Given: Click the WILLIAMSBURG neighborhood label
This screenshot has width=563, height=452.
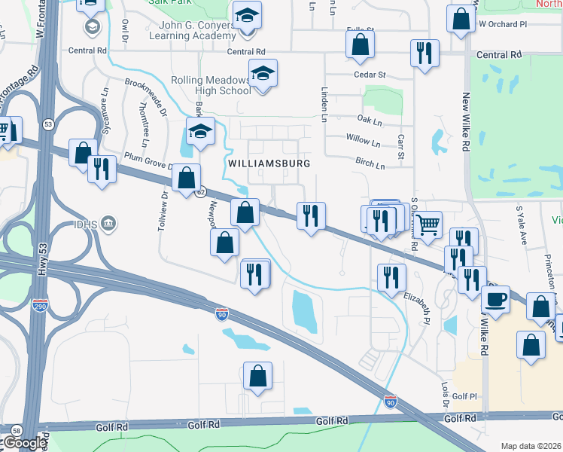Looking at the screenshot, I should [x=269, y=163].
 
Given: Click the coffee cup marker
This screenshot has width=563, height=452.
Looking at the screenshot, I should [x=495, y=299].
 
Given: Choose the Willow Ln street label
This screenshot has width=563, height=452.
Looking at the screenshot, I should [x=363, y=140].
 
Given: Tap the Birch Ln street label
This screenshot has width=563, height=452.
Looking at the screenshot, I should [x=370, y=163].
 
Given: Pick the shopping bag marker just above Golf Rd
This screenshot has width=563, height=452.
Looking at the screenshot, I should [x=257, y=376].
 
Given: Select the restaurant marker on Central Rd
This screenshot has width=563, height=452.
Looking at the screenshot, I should [x=425, y=53].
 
